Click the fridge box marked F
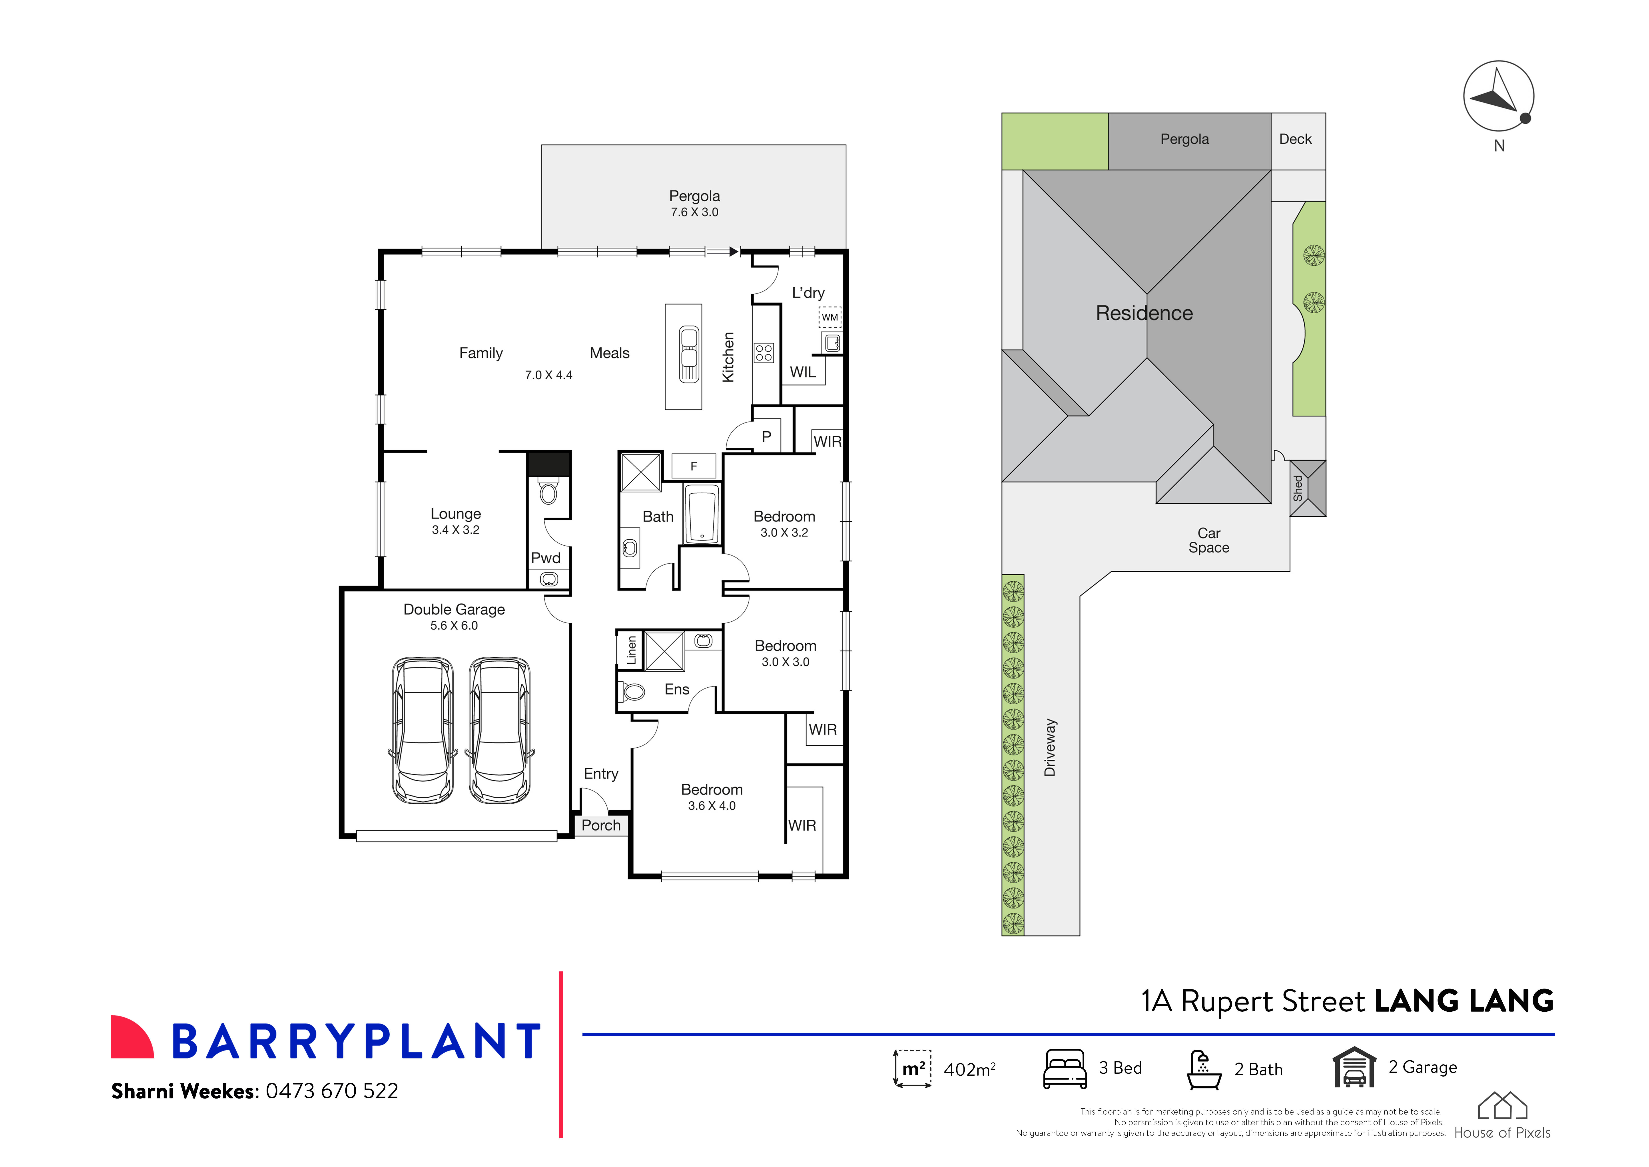(x=694, y=466)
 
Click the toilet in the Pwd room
(x=549, y=493)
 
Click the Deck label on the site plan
(x=1295, y=139)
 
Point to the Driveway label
(x=1050, y=747)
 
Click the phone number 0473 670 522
(x=332, y=1091)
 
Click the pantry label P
(x=766, y=436)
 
